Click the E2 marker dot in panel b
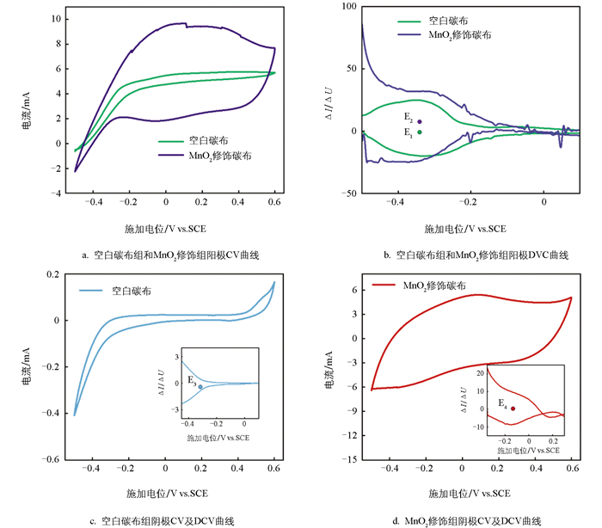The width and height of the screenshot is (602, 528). tap(420, 121)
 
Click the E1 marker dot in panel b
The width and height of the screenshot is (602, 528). tap(420, 132)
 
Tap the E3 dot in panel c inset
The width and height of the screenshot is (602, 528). tap(200, 387)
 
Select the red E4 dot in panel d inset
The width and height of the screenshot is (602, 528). tap(513, 408)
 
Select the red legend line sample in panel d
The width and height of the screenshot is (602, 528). tap(384, 285)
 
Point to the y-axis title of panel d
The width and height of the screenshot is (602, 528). tap(329, 371)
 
